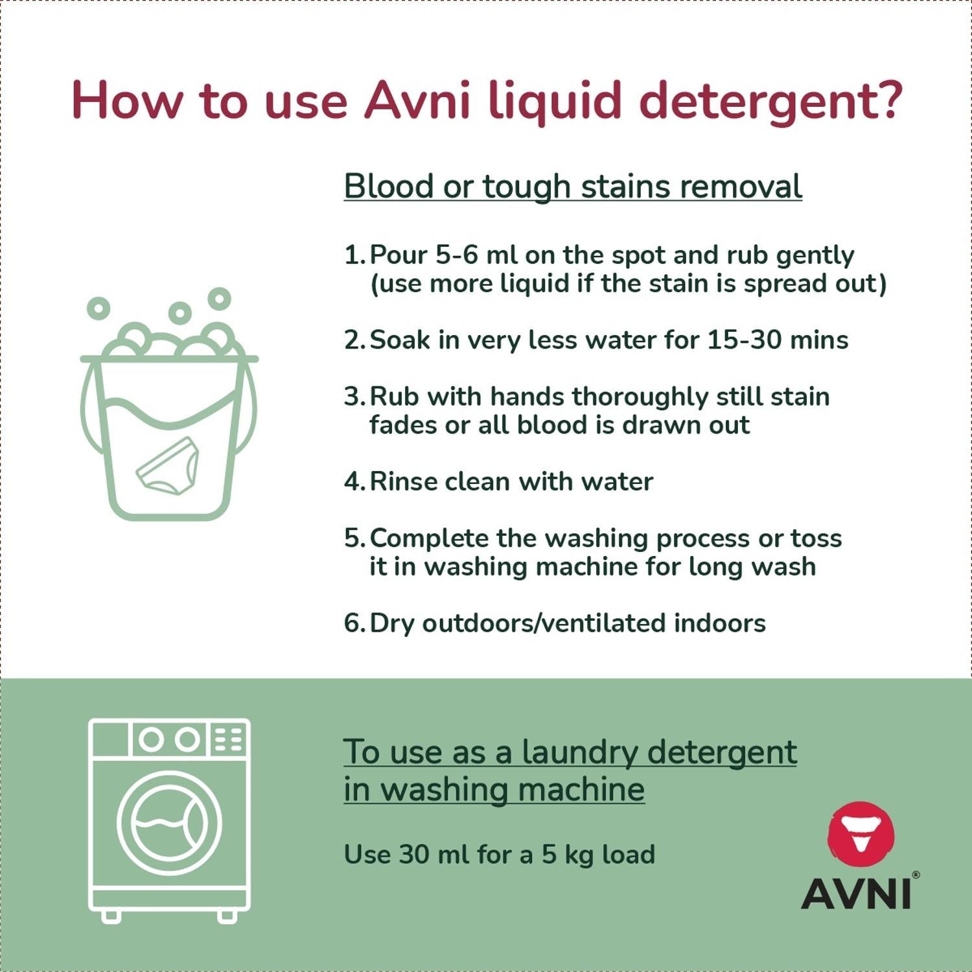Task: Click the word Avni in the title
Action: pyautogui.click(x=417, y=100)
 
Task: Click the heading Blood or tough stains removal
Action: pyautogui.click(x=573, y=187)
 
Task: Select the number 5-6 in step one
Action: pyautogui.click(x=457, y=255)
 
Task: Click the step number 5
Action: pyautogui.click(x=353, y=538)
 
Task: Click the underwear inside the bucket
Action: pyautogui.click(x=168, y=466)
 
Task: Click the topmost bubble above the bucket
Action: pyautogui.click(x=219, y=299)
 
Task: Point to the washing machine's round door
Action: pyautogui.click(x=169, y=823)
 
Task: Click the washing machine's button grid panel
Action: pyautogui.click(x=228, y=739)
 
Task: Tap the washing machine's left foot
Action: pyautogui.click(x=111, y=916)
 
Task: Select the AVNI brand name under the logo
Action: pyautogui.click(x=857, y=894)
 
